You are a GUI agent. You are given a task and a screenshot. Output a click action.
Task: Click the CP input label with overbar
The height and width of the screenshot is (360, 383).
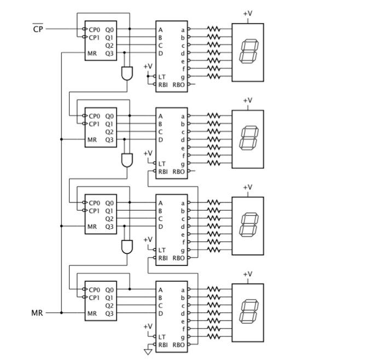(x=37, y=29)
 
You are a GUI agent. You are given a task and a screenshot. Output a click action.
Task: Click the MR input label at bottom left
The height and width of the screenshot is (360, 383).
(x=37, y=313)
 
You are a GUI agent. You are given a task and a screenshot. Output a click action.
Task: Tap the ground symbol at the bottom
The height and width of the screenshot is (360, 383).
(x=148, y=351)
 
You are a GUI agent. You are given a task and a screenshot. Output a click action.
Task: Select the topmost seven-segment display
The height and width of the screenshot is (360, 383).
(x=248, y=53)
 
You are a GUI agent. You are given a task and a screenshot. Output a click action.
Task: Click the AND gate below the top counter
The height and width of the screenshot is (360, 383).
(x=127, y=72)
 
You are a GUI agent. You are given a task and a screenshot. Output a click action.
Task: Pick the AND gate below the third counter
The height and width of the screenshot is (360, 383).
(x=127, y=246)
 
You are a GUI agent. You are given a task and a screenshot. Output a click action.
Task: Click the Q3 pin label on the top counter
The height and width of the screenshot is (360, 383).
(x=109, y=54)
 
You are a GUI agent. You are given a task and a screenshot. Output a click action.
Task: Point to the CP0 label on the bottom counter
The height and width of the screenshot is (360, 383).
(x=95, y=289)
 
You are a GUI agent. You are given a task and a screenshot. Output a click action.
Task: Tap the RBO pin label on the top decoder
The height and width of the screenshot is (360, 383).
(x=178, y=85)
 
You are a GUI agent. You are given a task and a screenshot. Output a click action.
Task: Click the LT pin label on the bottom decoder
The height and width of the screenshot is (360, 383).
(x=162, y=337)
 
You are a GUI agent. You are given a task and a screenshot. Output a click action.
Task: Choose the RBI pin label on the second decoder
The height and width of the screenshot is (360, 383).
(x=163, y=171)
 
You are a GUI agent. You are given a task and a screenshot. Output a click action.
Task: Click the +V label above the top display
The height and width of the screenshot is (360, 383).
(x=248, y=14)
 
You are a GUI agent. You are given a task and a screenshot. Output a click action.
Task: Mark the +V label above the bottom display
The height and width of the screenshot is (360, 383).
(x=248, y=274)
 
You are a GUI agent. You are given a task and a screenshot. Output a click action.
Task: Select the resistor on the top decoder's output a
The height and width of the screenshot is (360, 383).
(x=213, y=29)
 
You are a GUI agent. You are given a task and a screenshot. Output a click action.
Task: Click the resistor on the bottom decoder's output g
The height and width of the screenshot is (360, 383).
(x=213, y=337)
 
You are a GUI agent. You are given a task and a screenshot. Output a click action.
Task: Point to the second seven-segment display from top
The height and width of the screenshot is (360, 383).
(x=248, y=139)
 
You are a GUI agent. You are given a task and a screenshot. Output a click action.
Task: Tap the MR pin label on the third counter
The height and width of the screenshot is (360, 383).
(x=92, y=227)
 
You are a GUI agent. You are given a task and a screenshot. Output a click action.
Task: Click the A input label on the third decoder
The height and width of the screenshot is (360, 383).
(x=161, y=203)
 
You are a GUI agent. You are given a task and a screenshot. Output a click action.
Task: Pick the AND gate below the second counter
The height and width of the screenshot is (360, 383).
(x=127, y=160)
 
